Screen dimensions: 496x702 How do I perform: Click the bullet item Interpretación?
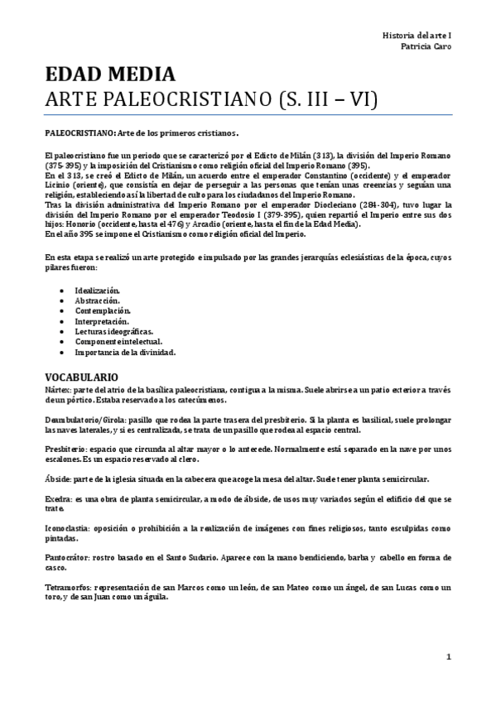tap(102, 321)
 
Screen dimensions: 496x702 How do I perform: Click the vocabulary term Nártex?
tap(57, 388)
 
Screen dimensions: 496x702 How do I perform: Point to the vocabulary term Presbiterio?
tap(65, 448)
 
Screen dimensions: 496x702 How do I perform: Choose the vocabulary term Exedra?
tap(57, 499)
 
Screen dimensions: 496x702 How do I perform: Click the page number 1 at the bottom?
tap(448, 657)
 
